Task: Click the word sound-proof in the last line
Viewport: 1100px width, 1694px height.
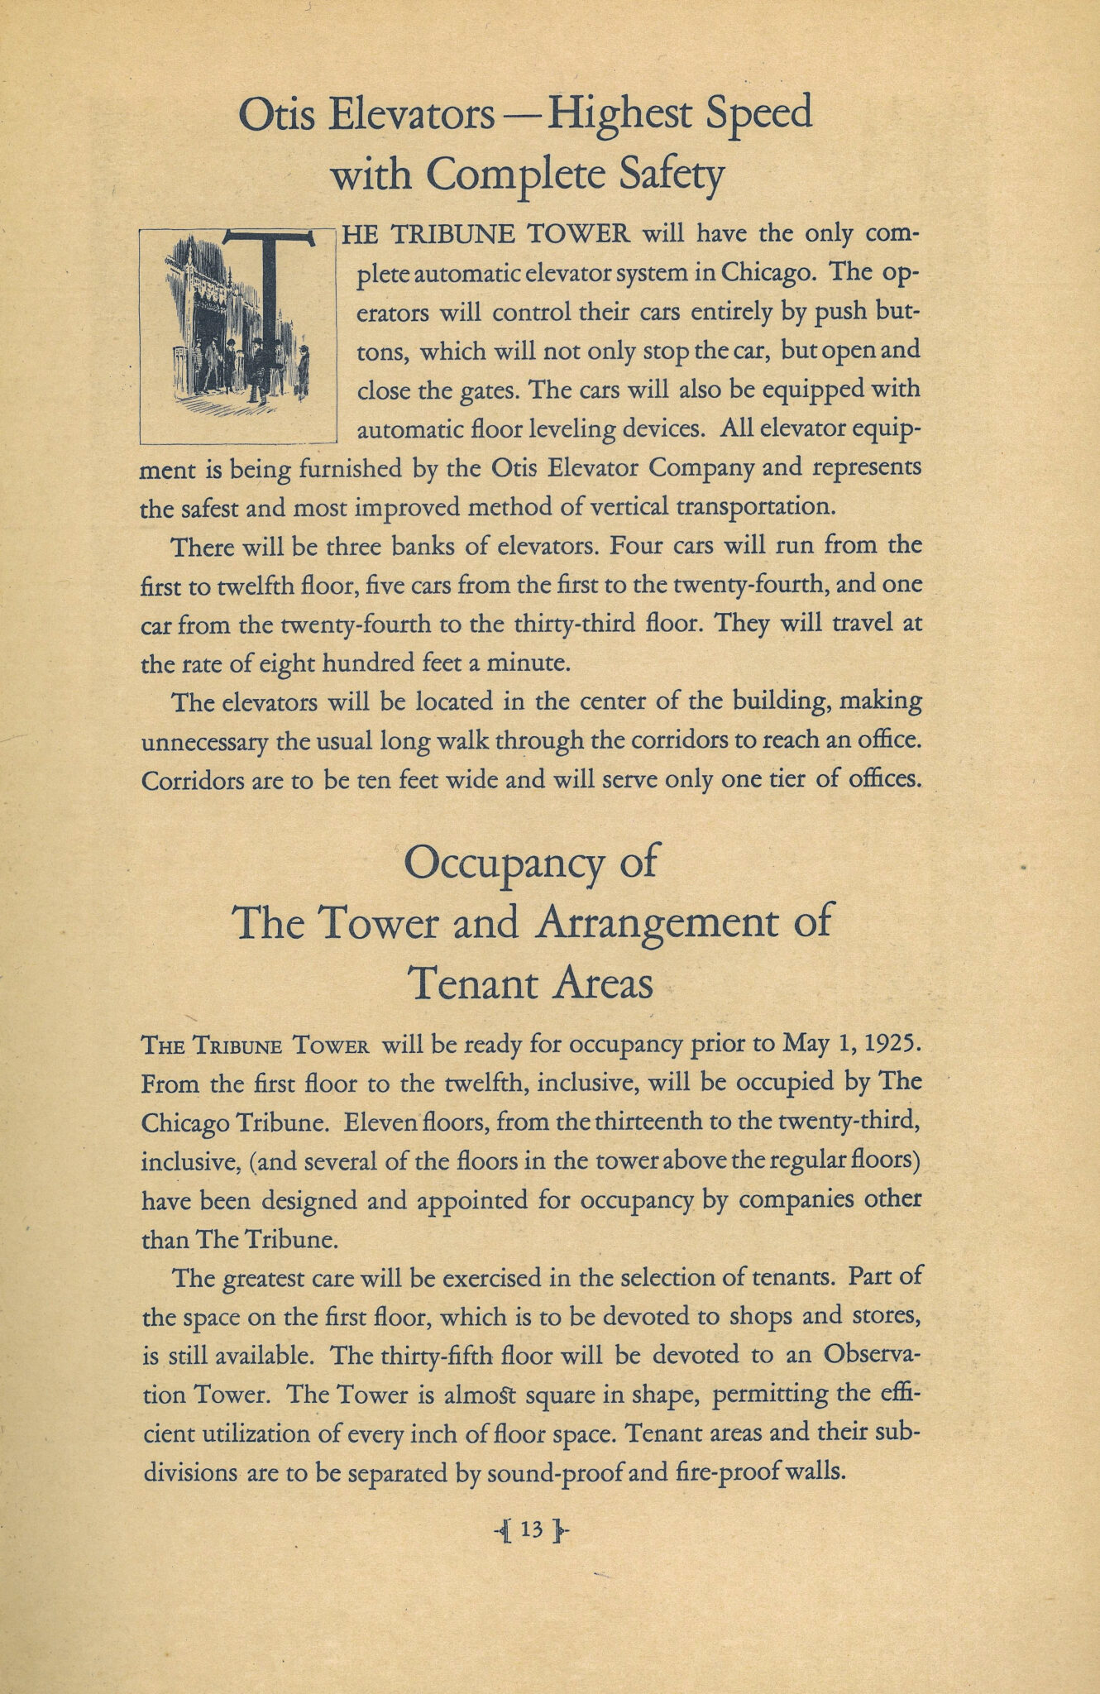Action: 552,1473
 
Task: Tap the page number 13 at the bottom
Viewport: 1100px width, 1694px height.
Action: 532,1530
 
